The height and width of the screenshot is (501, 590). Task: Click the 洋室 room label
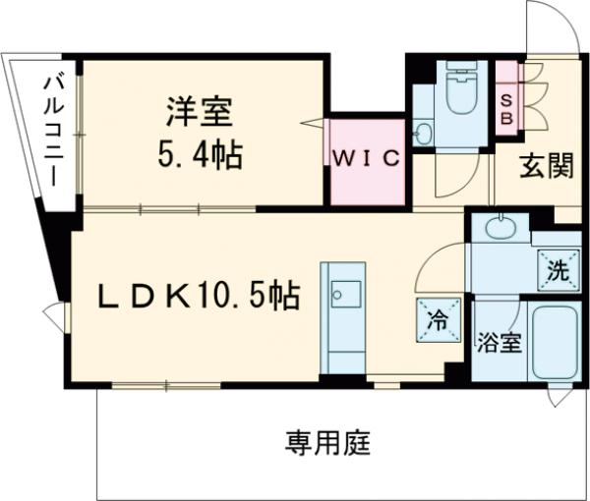198,110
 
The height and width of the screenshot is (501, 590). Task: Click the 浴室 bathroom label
500,344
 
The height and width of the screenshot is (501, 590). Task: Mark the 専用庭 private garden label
327,442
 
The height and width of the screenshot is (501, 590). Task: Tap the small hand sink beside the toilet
424,134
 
